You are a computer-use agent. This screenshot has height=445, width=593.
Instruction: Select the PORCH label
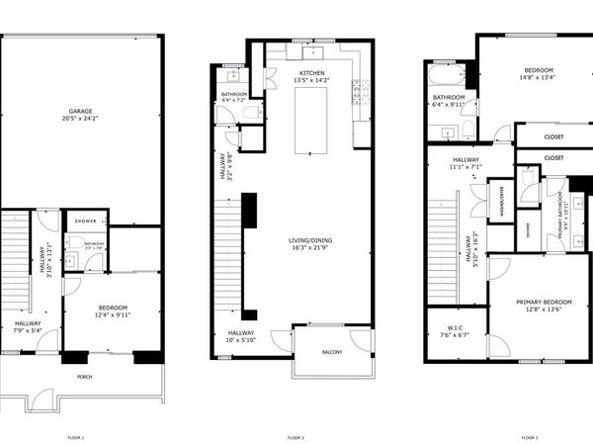[85, 377]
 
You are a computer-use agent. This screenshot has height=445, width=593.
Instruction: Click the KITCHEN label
[313, 72]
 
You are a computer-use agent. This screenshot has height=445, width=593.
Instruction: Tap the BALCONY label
[331, 354]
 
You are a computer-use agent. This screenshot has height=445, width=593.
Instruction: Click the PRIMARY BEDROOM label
[544, 301]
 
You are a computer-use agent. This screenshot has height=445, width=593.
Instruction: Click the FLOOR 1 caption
[76, 436]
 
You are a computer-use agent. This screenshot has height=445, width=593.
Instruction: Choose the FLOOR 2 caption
[296, 436]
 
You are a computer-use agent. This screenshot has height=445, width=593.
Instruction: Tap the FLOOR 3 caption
[531, 436]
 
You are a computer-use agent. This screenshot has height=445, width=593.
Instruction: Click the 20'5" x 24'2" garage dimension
[81, 120]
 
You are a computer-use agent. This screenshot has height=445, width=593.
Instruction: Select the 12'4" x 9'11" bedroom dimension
[111, 315]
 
